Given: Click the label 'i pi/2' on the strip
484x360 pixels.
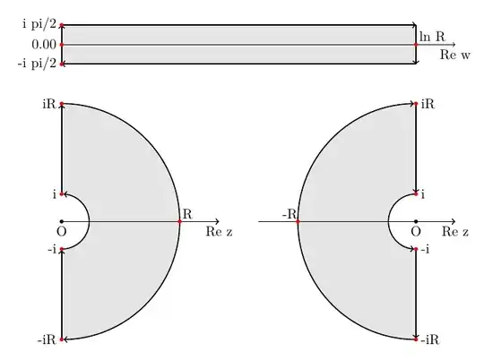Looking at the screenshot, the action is pos(39,24).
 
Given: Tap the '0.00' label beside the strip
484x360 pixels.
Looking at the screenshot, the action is pos(44,45).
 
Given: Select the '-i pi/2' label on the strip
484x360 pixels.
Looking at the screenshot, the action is pos(37,64).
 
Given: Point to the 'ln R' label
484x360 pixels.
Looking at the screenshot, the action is pos(432,37).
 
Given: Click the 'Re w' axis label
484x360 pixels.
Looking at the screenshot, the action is pos(455,55).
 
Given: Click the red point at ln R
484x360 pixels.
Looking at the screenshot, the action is pos(416,45).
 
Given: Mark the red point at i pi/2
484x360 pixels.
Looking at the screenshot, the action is pos(62,25).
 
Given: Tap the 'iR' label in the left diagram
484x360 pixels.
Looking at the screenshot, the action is pos(49,104).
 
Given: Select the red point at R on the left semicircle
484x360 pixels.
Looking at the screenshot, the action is pos(179,221).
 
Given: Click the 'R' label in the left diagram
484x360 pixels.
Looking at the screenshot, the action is pos(187,214).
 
